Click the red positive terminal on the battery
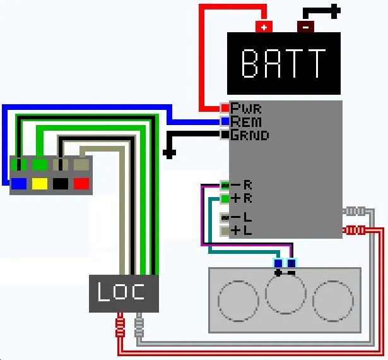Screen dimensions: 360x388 [264, 27]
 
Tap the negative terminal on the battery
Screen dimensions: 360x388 [305, 27]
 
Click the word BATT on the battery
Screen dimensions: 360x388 [284, 63]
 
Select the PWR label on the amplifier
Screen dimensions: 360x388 [246, 108]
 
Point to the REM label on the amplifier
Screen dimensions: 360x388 [246, 121]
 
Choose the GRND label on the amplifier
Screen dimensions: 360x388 [250, 135]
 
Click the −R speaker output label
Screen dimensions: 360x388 [242, 185]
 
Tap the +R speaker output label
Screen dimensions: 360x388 [242, 199]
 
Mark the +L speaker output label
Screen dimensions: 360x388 [242, 231]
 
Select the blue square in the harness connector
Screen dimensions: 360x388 [19, 184]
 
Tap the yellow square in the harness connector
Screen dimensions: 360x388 [40, 184]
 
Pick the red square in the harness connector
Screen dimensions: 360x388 [81, 184]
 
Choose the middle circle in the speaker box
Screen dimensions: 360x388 [285, 295]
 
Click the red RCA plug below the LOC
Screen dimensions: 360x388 [120, 327]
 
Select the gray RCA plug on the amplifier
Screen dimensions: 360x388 [355, 212]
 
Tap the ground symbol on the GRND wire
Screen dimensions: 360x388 [169, 152]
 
